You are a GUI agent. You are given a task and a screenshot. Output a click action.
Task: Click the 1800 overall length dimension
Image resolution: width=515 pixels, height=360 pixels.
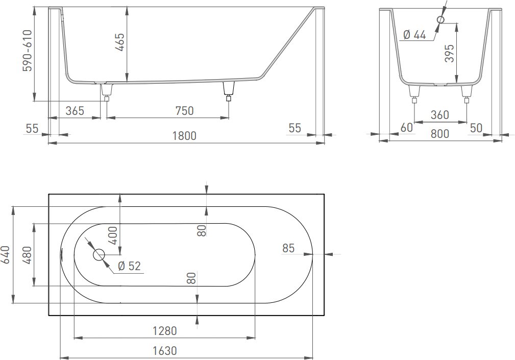[x=184, y=135]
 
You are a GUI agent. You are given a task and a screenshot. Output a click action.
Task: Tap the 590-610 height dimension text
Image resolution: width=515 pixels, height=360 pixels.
[x=27, y=51]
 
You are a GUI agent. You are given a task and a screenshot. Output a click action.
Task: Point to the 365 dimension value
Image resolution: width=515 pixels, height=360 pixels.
[x=75, y=111]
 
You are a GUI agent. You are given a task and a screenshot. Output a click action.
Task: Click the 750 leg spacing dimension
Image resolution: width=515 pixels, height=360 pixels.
[x=184, y=111]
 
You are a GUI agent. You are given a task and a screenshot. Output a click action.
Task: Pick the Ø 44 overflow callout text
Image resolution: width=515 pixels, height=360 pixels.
[x=414, y=34]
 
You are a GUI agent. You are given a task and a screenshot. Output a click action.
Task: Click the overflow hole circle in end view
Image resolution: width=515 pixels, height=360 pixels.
[x=441, y=20]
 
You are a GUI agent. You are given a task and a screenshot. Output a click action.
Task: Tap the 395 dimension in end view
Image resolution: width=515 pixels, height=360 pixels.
[x=449, y=53]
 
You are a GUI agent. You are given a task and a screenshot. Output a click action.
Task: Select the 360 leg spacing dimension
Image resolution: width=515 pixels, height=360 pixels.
[x=439, y=114]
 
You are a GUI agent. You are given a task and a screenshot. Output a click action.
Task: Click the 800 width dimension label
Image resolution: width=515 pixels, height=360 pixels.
[x=439, y=134]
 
